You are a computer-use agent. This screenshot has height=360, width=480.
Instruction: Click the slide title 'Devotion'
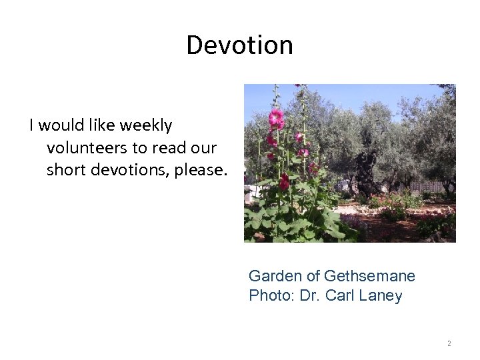pos(239,45)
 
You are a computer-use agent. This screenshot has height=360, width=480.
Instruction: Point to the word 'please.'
pos(201,170)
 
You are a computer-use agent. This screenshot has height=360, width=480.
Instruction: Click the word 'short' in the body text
pos(66,170)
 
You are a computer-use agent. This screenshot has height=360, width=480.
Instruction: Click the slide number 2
pos(449,343)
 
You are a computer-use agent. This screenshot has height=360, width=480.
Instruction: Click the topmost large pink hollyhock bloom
pos(276,119)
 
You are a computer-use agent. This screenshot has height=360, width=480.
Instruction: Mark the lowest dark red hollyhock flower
pos(285,182)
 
